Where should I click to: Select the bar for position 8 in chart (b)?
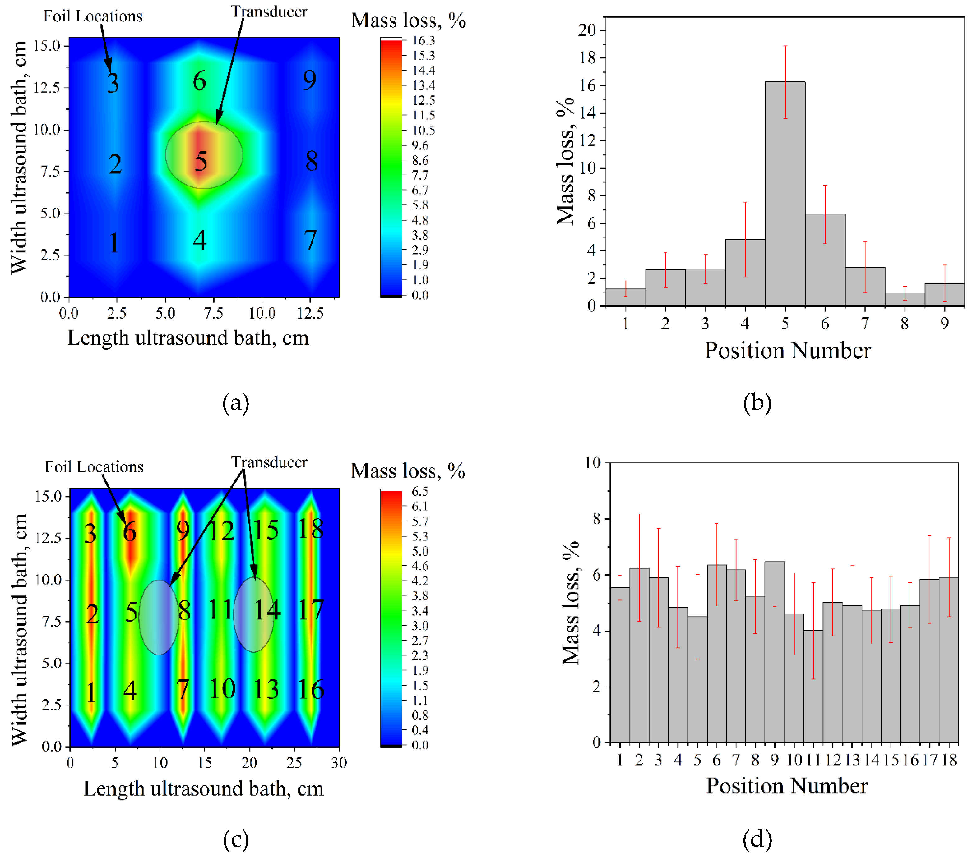(x=904, y=300)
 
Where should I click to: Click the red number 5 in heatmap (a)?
(x=201, y=162)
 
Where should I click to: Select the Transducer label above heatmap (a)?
(x=269, y=11)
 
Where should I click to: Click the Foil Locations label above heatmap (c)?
(x=94, y=467)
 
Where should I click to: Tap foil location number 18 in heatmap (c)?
(x=311, y=529)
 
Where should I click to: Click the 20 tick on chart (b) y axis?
(x=587, y=30)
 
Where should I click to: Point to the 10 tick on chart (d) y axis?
(x=593, y=462)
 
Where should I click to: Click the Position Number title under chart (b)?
(x=788, y=350)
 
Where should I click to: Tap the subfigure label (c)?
(x=236, y=840)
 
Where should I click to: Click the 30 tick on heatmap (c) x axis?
(x=339, y=762)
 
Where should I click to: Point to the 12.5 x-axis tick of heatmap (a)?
(x=310, y=313)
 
